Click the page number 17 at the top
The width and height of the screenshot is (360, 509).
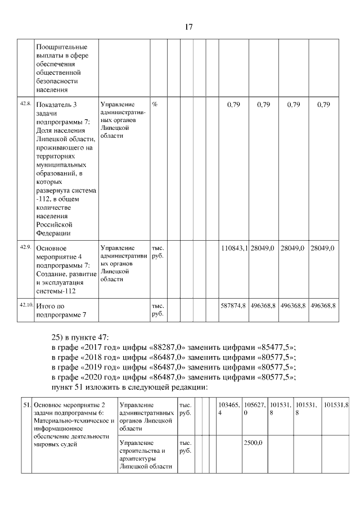point(189,27)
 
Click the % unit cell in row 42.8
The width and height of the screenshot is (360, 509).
point(154,105)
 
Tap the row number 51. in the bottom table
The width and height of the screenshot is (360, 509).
point(26,404)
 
